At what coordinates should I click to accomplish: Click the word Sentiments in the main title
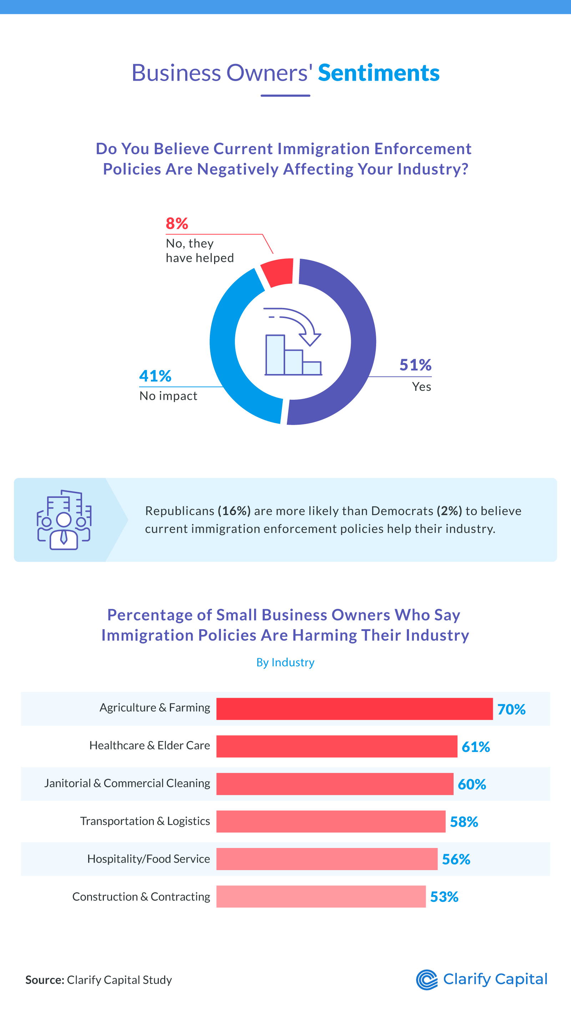click(379, 73)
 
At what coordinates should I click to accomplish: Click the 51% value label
click(415, 365)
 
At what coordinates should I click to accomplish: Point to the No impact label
click(168, 396)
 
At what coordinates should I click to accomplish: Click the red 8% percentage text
click(177, 224)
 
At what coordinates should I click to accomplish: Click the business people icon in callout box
click(64, 520)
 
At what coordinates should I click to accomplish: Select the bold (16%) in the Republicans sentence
click(234, 511)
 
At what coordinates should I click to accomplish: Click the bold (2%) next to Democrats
click(449, 511)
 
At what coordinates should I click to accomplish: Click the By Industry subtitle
click(285, 662)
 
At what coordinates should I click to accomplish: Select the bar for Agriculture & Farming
click(354, 709)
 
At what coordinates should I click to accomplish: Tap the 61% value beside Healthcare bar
click(476, 747)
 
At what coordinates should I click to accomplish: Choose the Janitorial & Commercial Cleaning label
click(127, 783)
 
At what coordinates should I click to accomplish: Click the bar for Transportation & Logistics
click(330, 821)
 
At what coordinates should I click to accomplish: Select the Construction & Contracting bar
click(321, 897)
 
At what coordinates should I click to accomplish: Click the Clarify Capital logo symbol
click(426, 980)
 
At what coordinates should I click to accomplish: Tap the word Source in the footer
click(44, 980)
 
